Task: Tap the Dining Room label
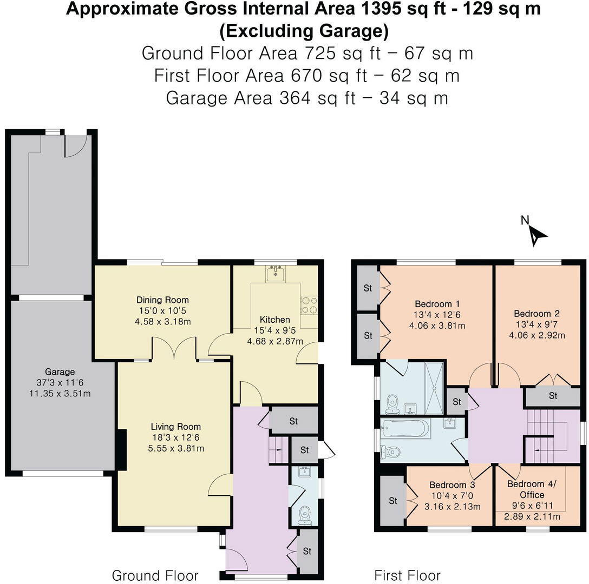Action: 162,300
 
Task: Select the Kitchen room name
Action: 275,320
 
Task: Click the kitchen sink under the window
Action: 276,273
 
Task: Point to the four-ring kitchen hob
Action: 309,305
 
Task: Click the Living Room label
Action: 176,427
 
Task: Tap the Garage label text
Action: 60,371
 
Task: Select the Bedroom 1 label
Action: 437,304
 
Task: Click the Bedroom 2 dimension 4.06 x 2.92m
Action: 537,335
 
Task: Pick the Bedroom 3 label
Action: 452,485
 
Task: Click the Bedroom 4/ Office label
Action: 532,489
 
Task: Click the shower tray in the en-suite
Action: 434,388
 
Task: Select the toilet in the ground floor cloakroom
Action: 305,515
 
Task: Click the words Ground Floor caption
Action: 155,575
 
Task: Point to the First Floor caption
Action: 408,575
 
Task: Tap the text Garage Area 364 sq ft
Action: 261,98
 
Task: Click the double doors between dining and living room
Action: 174,349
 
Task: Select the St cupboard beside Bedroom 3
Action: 393,501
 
